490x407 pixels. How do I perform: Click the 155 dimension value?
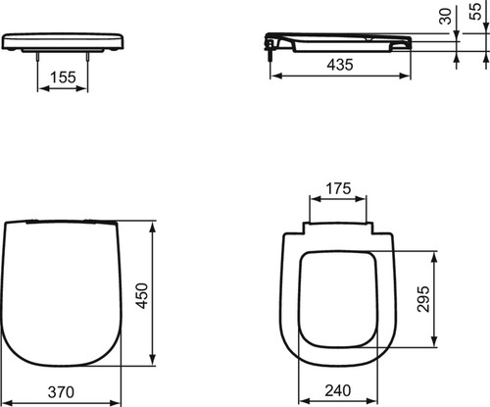click(63, 77)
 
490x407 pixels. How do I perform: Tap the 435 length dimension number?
click(340, 65)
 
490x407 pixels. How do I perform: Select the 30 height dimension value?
click(445, 16)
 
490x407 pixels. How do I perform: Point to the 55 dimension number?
click(476, 12)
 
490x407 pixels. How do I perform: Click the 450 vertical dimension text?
click(142, 296)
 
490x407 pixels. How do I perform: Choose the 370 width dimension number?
click(61, 392)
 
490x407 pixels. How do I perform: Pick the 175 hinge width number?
click(338, 188)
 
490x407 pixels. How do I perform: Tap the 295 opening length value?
click(423, 299)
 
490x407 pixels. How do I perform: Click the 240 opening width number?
click(338, 390)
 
